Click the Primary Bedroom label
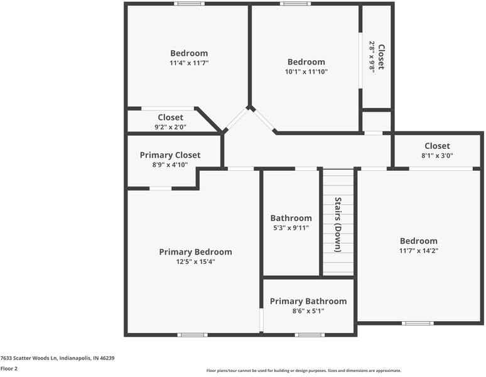click(x=195, y=252)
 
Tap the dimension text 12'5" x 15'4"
click(x=195, y=262)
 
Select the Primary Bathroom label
click(x=308, y=302)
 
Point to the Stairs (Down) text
click(x=338, y=225)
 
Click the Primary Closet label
click(x=170, y=155)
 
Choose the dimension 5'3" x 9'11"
click(x=291, y=228)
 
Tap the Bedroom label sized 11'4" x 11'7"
click(x=189, y=53)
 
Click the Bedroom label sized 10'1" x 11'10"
click(x=306, y=62)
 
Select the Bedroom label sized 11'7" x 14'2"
click(x=419, y=241)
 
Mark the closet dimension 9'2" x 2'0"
click(x=170, y=127)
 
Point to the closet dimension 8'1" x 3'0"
click(x=437, y=156)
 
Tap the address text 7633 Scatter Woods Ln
click(x=57, y=358)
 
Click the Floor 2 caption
click(x=9, y=369)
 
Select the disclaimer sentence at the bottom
click(x=303, y=371)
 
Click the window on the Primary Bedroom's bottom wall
click(x=193, y=335)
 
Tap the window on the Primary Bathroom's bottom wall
click(x=309, y=335)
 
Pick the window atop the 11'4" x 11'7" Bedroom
click(x=189, y=4)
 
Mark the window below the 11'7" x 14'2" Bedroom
click(x=418, y=324)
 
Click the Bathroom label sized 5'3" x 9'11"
click(x=291, y=218)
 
